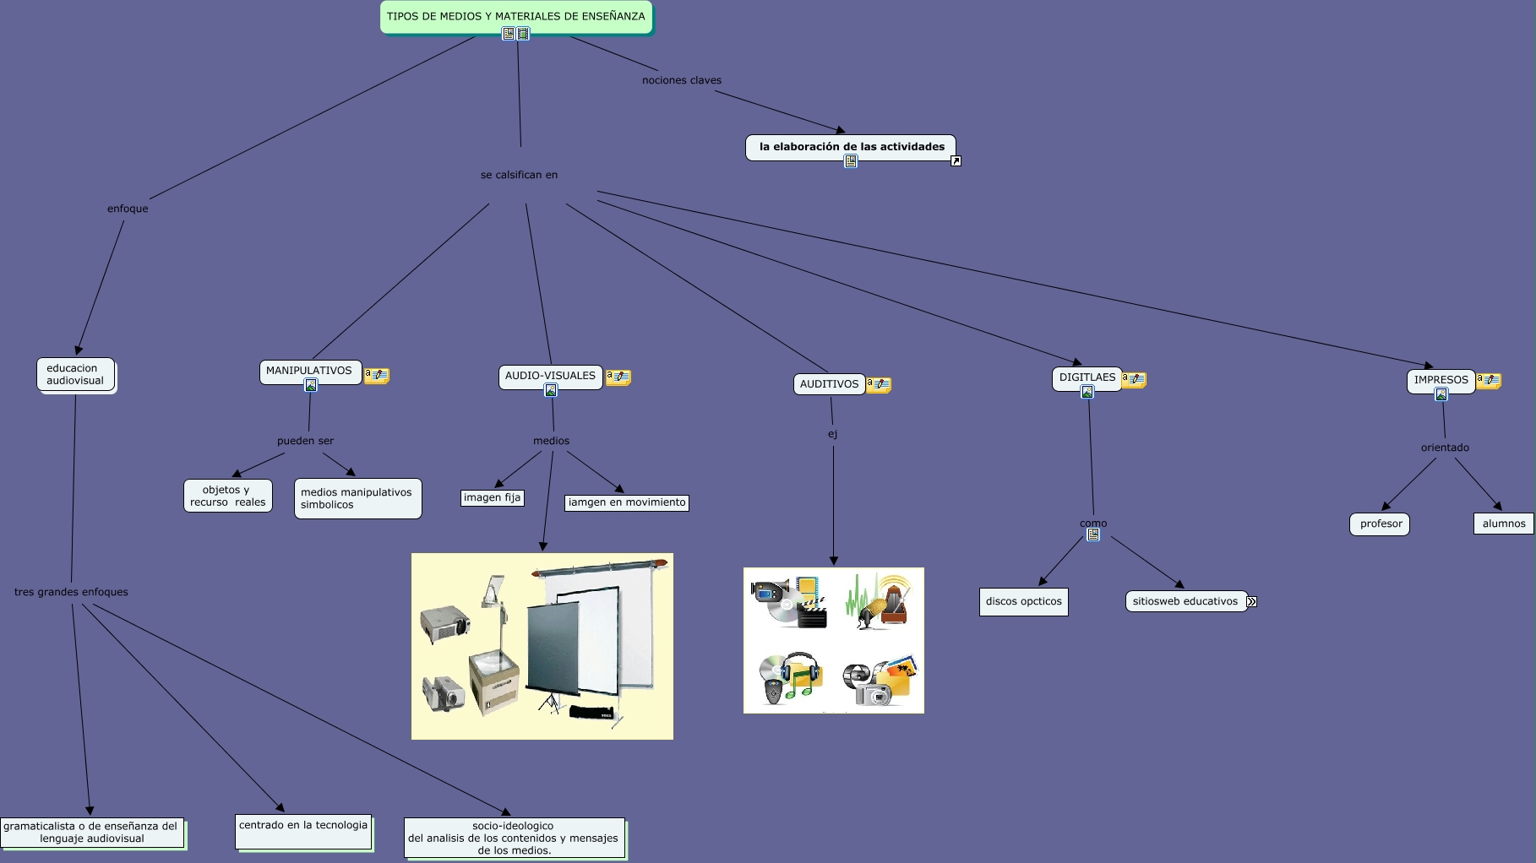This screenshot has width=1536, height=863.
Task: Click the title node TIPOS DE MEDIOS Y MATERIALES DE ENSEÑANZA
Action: (x=515, y=16)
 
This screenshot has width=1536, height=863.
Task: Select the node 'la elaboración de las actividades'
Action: (x=851, y=147)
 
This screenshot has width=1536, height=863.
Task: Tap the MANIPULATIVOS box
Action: (x=309, y=371)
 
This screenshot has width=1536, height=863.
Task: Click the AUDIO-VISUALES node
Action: (x=550, y=376)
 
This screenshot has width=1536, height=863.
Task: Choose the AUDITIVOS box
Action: (x=829, y=384)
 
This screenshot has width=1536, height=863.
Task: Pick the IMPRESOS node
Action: (x=1441, y=380)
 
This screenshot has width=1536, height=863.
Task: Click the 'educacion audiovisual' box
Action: (x=75, y=374)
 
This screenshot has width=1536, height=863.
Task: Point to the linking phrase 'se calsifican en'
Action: (x=519, y=175)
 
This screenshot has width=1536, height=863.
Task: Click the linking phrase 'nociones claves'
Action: (x=681, y=80)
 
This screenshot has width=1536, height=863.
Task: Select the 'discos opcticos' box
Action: (x=1023, y=601)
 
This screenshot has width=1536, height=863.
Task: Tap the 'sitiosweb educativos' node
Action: (x=1185, y=601)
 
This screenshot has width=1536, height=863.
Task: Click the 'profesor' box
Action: (x=1381, y=524)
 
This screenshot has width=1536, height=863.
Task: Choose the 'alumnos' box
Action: (x=1503, y=524)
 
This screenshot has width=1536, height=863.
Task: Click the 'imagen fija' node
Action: (x=492, y=497)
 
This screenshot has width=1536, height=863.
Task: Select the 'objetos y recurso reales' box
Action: (x=228, y=496)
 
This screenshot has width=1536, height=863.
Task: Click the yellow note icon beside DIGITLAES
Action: (x=1134, y=380)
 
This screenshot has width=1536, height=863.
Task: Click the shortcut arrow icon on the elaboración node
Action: (x=956, y=161)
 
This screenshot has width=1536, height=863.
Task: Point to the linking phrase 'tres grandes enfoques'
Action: (x=71, y=592)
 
